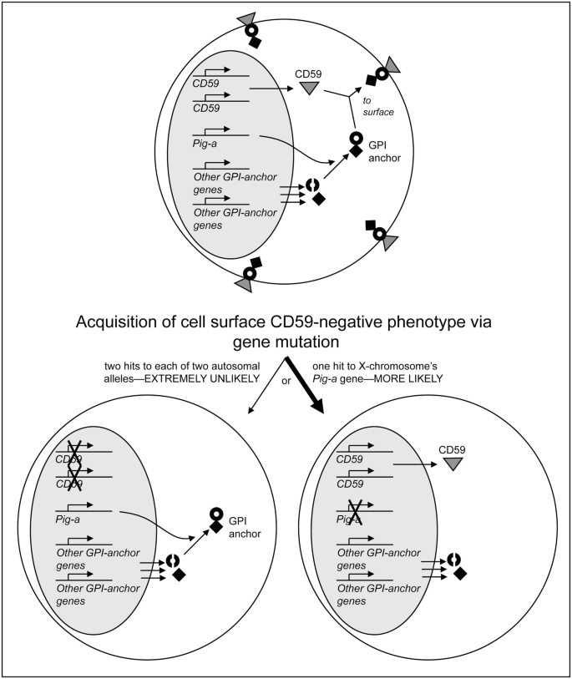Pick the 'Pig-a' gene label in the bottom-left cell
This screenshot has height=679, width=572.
[x=67, y=520]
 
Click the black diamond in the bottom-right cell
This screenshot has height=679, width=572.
[x=458, y=572]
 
